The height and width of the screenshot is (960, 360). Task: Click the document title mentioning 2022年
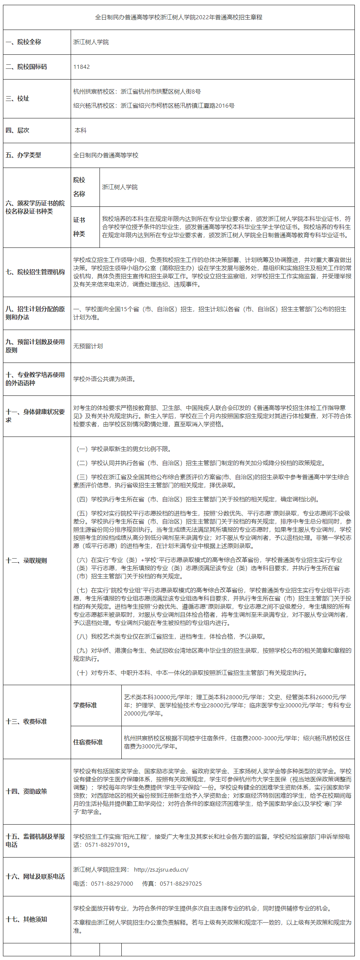178,17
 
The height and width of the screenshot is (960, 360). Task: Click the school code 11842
81,67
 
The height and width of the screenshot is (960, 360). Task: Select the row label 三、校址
17,98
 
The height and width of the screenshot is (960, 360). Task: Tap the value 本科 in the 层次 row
81,131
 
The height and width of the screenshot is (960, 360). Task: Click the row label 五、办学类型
23,155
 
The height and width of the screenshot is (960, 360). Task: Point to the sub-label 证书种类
79,226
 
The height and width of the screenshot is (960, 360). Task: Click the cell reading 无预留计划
88,346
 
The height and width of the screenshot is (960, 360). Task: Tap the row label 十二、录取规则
26,560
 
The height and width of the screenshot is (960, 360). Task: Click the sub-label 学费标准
85,705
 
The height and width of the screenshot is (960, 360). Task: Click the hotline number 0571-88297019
106,845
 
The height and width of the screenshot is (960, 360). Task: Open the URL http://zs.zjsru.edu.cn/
161,869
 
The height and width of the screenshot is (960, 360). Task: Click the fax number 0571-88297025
181,883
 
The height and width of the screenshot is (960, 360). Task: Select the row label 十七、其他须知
26,919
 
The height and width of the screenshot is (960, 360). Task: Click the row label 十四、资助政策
26,791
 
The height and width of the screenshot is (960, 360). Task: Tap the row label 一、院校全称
23,42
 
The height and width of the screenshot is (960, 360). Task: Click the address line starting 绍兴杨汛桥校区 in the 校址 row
154,106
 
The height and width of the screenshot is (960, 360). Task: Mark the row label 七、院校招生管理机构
35,272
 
